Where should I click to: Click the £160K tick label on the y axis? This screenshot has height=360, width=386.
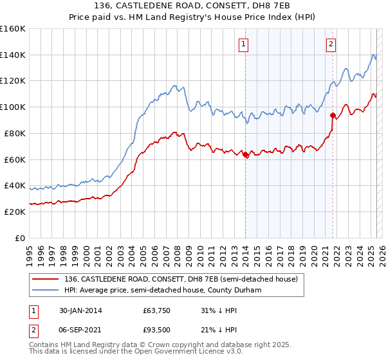13,29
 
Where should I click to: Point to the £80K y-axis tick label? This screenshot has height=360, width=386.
15,133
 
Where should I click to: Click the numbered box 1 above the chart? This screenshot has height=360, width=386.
245,44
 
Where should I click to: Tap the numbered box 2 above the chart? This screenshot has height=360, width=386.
331,44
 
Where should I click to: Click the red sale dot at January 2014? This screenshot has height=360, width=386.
246,154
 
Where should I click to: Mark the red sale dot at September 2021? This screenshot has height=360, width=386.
333,116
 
